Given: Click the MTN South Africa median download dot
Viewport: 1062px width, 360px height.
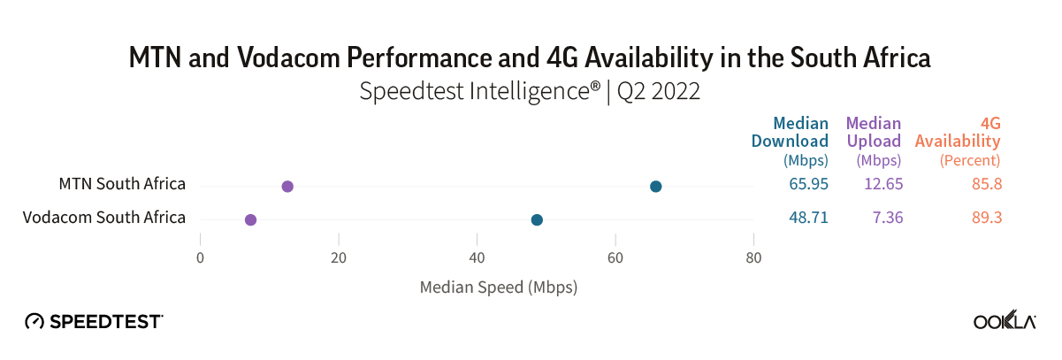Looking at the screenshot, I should point(655,186).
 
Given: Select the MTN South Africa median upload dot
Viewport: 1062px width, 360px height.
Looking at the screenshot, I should point(287,186).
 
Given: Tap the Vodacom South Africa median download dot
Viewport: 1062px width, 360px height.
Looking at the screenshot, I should point(537,219).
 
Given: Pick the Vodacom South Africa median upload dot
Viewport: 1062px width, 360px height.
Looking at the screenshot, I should point(250,219).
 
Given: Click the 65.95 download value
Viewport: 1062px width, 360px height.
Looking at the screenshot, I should point(808,185).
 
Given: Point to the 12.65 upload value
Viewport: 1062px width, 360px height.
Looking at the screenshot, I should point(881,185).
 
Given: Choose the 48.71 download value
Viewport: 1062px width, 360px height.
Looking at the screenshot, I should point(808,218).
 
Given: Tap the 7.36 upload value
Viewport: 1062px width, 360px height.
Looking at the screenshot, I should point(884,218).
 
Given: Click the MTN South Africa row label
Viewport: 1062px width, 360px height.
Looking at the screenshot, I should point(122,184).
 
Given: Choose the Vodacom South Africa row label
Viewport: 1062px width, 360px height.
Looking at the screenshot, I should point(104,218).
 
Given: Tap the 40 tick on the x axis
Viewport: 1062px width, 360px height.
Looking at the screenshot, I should point(478,258).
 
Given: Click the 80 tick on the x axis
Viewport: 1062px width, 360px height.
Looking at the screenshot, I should point(753,258).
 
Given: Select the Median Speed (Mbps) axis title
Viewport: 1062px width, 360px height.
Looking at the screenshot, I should point(498,287).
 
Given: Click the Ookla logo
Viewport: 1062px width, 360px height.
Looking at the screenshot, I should point(1005,321).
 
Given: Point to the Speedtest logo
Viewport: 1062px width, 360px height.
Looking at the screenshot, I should point(94,321).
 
